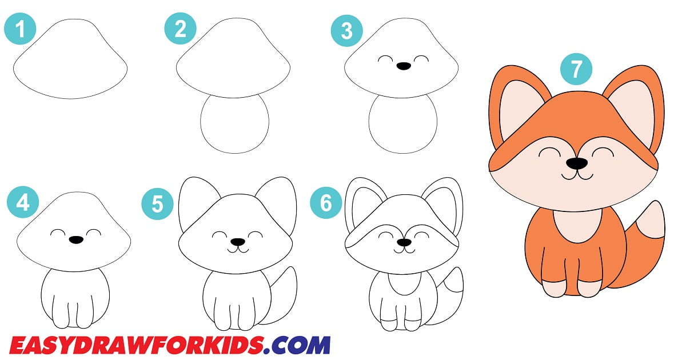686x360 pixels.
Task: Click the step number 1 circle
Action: coord(21,29)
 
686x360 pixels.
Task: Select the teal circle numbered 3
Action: coord(346,30)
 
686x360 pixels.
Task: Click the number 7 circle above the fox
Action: coord(576,69)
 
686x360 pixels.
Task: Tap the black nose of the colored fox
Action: coord(577,164)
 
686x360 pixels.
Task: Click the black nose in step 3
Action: coord(404,66)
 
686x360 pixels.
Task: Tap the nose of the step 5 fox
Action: coord(238,242)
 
